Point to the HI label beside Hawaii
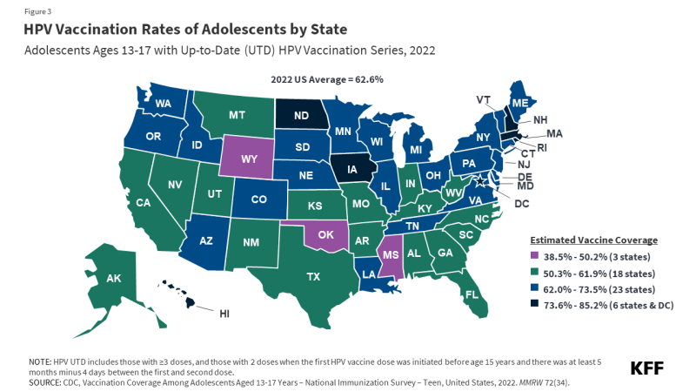click(224, 313)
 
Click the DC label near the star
click(521, 204)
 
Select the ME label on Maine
click(519, 104)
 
